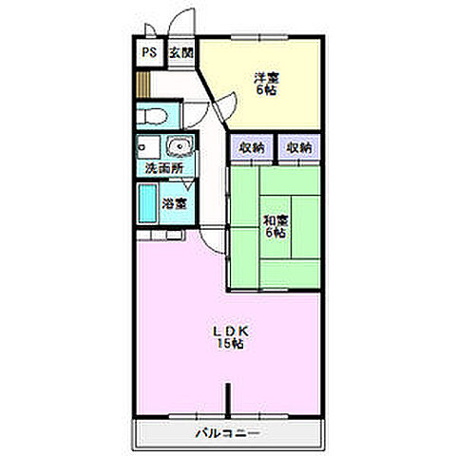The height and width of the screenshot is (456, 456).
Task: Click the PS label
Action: pos(149,52)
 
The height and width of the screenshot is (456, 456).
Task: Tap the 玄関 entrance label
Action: pos(180,52)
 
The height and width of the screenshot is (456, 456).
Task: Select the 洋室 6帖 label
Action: pos(266,84)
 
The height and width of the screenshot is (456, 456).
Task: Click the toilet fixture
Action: pos(153,117)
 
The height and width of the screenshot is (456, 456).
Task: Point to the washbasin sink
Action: pos(180,146)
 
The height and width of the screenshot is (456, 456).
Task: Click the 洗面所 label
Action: pos(164,168)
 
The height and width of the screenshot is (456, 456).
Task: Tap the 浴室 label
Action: pos(174,203)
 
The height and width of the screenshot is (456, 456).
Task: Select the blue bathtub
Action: pos(148,203)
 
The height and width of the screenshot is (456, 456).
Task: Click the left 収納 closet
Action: pos(252,146)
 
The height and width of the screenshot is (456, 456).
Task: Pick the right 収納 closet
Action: pos(299,146)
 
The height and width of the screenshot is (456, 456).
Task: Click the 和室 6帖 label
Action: pos(275,226)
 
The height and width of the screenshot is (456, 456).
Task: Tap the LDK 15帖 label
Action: pos(231,337)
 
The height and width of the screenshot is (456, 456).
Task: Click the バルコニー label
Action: pos(228,432)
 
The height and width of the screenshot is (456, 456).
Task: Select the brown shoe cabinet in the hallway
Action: pos(142,85)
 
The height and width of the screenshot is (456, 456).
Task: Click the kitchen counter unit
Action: pos(161,236)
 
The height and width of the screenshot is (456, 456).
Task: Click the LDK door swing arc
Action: pos(206,244)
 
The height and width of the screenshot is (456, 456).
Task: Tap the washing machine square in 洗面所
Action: pos(148,147)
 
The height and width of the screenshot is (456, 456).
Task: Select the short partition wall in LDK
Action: pos(228,400)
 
